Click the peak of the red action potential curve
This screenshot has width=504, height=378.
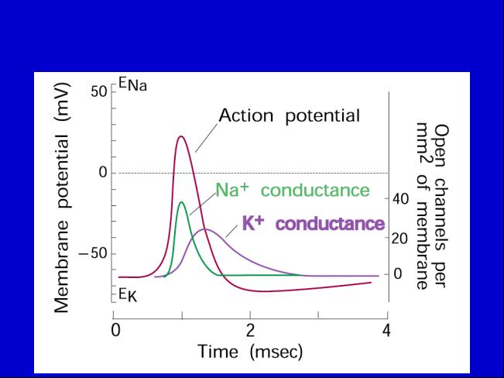point(181,136)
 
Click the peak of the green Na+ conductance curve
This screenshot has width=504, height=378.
point(182,202)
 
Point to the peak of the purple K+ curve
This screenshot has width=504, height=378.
point(205,229)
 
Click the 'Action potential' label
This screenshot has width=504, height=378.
point(289,115)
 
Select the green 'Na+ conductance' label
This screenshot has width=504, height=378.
point(293,190)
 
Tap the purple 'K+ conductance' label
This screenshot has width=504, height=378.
point(314,223)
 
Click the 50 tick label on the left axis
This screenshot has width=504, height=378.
point(98,92)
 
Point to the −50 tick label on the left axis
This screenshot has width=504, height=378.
point(93,253)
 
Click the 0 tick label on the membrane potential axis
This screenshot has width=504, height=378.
point(103,173)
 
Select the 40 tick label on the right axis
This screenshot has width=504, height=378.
point(400,199)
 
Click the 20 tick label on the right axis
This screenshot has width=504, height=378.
point(400,239)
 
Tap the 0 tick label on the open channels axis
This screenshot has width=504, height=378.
point(398,273)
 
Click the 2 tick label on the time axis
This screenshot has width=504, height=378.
point(250,331)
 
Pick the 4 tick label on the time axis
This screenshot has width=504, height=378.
point(386,331)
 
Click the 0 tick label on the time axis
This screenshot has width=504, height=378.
point(115,331)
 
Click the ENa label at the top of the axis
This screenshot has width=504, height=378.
point(132,84)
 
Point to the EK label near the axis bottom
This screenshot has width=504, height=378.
point(128,295)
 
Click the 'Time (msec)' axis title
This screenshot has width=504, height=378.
point(250,352)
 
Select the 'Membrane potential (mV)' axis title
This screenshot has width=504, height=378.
point(61,198)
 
